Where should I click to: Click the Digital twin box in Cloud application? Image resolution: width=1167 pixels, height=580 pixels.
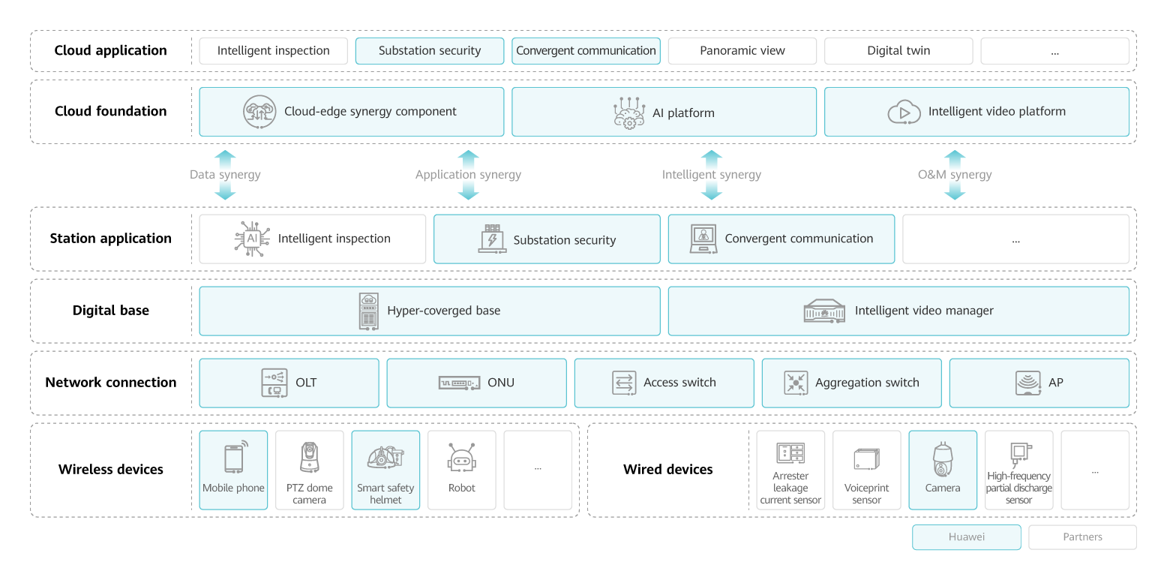898,51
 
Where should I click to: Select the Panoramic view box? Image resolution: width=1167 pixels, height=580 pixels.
742,51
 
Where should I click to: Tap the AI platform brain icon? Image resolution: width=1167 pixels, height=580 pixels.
628,113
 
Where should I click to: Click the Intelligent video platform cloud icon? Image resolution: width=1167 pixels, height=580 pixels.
903,113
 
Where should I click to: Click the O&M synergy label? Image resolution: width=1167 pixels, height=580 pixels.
954,175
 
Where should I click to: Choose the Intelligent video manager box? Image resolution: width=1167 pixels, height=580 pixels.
898,311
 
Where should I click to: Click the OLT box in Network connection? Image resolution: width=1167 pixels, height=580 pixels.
289,383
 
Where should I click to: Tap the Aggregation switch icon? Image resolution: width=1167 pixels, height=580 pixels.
795,383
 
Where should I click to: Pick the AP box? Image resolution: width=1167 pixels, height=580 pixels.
1039,383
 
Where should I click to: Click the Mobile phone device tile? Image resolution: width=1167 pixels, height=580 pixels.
233,470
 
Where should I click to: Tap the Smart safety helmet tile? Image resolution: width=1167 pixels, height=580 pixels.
385,470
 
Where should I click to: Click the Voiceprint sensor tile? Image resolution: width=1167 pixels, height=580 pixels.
866,470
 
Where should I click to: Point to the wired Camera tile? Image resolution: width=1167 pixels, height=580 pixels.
943,470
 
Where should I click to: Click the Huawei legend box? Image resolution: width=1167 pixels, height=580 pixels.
966,537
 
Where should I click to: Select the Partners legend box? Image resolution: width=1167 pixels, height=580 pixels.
1082,537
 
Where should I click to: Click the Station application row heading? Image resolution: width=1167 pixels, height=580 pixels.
111,239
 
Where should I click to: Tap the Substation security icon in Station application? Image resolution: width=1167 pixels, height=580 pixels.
493,239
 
